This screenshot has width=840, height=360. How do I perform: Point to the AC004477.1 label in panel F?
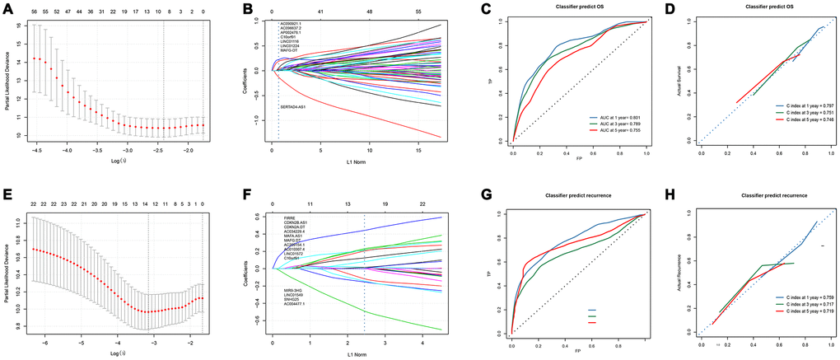click(x=296, y=305)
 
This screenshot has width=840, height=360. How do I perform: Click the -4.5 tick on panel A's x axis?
click(x=37, y=152)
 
